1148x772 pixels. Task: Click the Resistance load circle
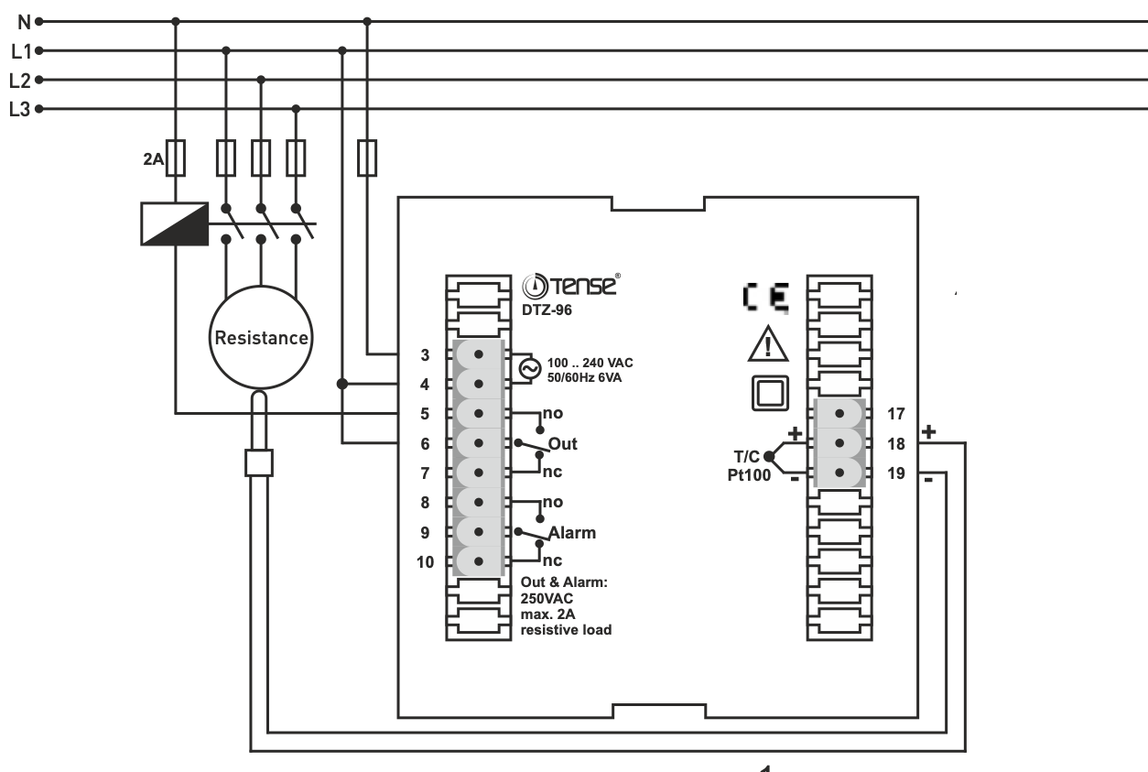(x=261, y=337)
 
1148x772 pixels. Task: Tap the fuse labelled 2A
(x=181, y=158)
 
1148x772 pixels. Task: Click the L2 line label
(x=20, y=80)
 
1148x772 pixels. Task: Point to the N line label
(x=24, y=21)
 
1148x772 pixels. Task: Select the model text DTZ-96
(x=547, y=310)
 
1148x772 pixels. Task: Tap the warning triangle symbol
(x=767, y=346)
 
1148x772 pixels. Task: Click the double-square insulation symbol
(x=768, y=394)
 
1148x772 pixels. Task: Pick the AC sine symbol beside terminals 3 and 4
(x=529, y=368)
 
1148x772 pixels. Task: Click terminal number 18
(x=895, y=443)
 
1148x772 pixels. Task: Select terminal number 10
(x=425, y=562)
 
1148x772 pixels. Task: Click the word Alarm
(x=571, y=532)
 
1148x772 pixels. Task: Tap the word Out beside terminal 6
(x=562, y=444)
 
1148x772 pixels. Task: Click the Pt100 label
(x=742, y=474)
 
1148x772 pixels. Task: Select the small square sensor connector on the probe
(x=260, y=462)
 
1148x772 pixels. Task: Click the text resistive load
(x=566, y=630)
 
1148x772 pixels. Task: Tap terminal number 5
(x=425, y=414)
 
